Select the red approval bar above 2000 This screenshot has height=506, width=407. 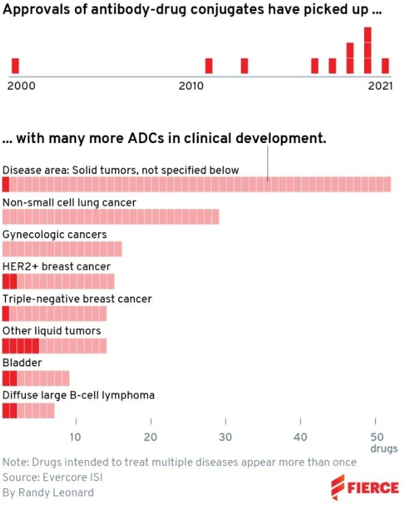[x=16, y=66]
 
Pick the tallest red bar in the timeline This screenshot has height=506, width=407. [x=368, y=50]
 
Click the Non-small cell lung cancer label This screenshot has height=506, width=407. [x=69, y=202]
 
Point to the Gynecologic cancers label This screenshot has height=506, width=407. [x=54, y=234]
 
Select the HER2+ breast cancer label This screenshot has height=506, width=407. [x=56, y=266]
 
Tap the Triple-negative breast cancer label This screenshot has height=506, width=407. [x=77, y=298]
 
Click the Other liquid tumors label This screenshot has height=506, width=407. [x=52, y=330]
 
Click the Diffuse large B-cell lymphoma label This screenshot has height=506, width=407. [x=78, y=394]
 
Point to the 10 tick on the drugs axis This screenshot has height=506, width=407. [x=76, y=437]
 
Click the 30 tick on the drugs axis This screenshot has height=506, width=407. [x=225, y=437]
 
